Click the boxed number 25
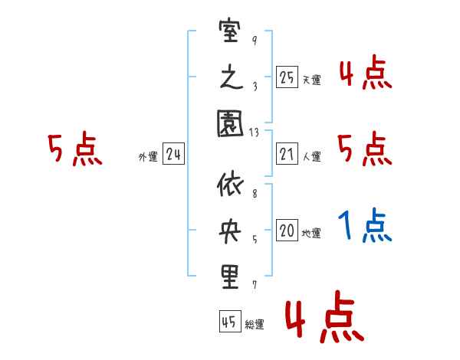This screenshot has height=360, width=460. click(x=287, y=77)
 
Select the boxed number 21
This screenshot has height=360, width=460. click(x=287, y=154)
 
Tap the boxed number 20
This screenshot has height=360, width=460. click(x=287, y=231)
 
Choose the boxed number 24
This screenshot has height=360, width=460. click(x=173, y=154)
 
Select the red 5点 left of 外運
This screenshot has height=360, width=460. click(x=74, y=150)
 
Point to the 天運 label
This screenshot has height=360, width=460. click(x=310, y=80)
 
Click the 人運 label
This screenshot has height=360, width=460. click(x=310, y=157)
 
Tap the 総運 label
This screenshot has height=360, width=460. click(x=255, y=325)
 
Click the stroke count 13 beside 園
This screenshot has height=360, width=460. click(x=254, y=133)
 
